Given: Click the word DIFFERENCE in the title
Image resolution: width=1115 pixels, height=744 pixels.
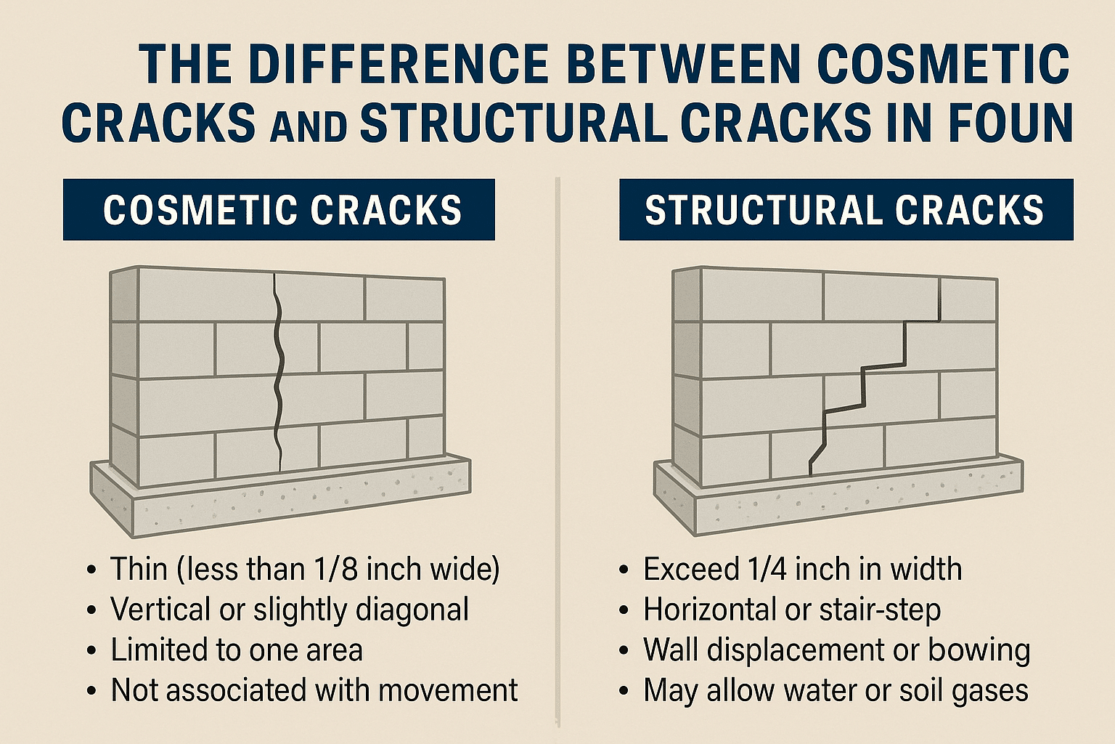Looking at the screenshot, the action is tap(391, 65).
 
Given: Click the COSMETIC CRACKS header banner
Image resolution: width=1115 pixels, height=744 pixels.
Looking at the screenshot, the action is tap(279, 209).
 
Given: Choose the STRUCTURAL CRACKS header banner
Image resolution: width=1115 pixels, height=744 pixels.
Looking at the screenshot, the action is tap(846, 209).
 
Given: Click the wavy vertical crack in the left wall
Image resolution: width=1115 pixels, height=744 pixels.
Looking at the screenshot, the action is tap(278, 371).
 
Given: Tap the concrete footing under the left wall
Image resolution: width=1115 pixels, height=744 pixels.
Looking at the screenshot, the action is tap(279, 498).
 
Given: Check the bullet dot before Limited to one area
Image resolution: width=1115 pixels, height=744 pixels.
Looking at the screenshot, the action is tap(91, 651).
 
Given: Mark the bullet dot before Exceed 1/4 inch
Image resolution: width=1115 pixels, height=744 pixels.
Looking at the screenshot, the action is tap(624, 570).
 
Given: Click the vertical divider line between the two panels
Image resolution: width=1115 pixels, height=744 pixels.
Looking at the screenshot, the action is tap(558, 451).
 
